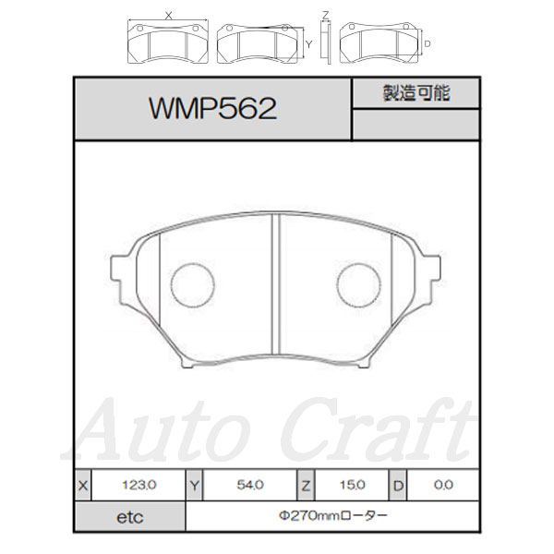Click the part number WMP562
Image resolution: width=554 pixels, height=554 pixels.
[212, 108]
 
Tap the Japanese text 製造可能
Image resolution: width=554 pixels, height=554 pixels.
[416, 93]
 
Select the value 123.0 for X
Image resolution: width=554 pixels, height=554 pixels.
[139, 485]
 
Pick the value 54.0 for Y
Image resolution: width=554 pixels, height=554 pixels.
[250, 485]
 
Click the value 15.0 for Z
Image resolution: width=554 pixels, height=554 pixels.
[353, 485]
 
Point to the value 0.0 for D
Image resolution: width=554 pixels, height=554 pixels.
[443, 485]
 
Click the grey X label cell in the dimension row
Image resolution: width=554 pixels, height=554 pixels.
[83, 485]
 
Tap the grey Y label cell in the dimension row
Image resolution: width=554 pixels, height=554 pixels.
[195, 485]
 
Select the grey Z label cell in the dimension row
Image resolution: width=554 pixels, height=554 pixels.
[306, 485]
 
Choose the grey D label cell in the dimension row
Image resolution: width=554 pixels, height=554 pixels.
[398, 485]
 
